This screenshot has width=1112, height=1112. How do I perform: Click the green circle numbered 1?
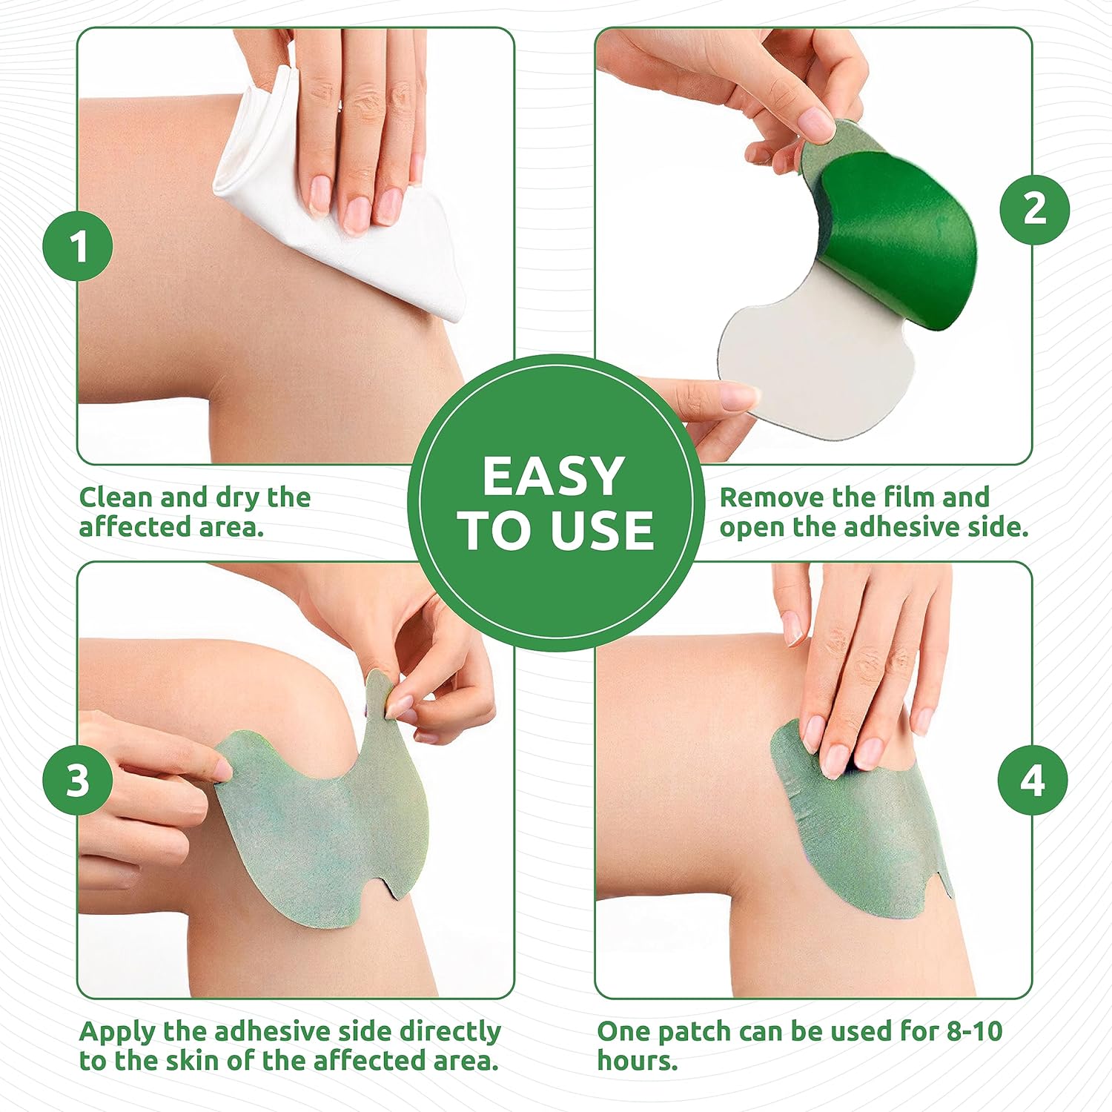(x=78, y=246)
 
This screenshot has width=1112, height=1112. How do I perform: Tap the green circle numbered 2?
(x=1034, y=209)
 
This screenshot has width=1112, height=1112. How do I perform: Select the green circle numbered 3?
(x=78, y=780)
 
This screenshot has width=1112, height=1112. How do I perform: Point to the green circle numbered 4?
(x=1033, y=780)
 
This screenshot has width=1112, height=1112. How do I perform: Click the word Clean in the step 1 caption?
(x=116, y=497)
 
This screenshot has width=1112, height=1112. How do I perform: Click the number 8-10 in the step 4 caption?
(x=974, y=1031)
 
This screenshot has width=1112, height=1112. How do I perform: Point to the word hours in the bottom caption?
(x=636, y=1061)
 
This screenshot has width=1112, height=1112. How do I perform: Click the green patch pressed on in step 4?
(x=867, y=838)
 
